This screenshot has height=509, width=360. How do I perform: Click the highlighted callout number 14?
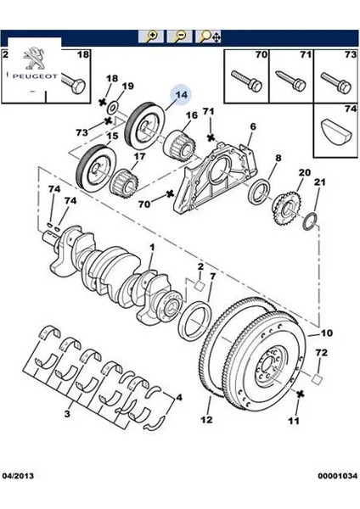click(182, 94)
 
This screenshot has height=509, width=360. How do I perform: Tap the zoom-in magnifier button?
click(150, 36)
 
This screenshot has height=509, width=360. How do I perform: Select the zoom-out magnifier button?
click(179, 36)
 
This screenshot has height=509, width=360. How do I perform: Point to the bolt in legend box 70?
click(246, 81)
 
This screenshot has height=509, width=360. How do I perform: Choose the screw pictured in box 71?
click(290, 81)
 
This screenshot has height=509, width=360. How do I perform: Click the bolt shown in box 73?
click(335, 82)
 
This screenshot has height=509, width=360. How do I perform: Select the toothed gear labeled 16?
click(179, 144)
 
